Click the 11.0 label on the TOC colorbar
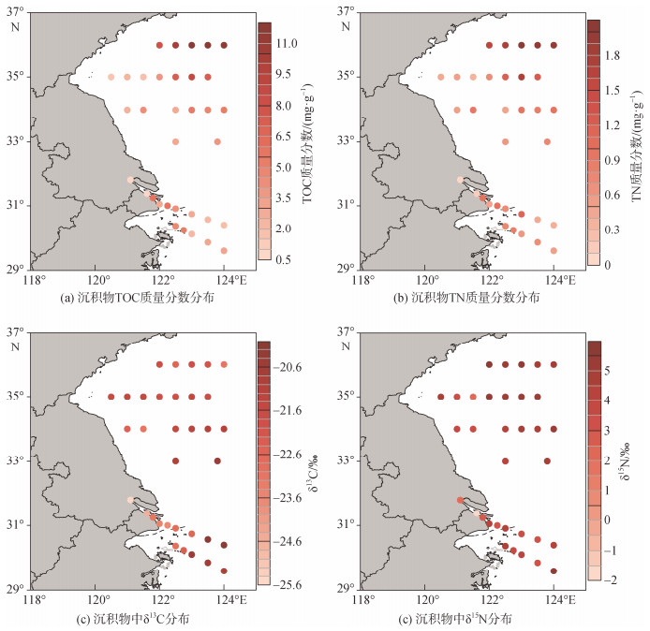[x=287, y=43]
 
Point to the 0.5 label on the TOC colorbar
[x=283, y=259]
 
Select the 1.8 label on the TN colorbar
[x=613, y=55]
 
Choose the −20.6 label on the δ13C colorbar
[x=287, y=367]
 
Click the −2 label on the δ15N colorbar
[x=610, y=580]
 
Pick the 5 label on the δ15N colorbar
[x=607, y=370]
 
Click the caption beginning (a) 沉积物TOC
[x=138, y=298]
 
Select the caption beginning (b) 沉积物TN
[x=466, y=298]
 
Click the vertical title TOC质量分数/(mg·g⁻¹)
[x=307, y=143]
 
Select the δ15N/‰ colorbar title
[x=625, y=461]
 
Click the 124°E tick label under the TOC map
[x=231, y=281]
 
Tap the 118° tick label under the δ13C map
[x=34, y=599]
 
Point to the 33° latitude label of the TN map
[x=345, y=140]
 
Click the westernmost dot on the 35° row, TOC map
[x=111, y=77]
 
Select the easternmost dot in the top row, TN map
[x=554, y=45]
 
